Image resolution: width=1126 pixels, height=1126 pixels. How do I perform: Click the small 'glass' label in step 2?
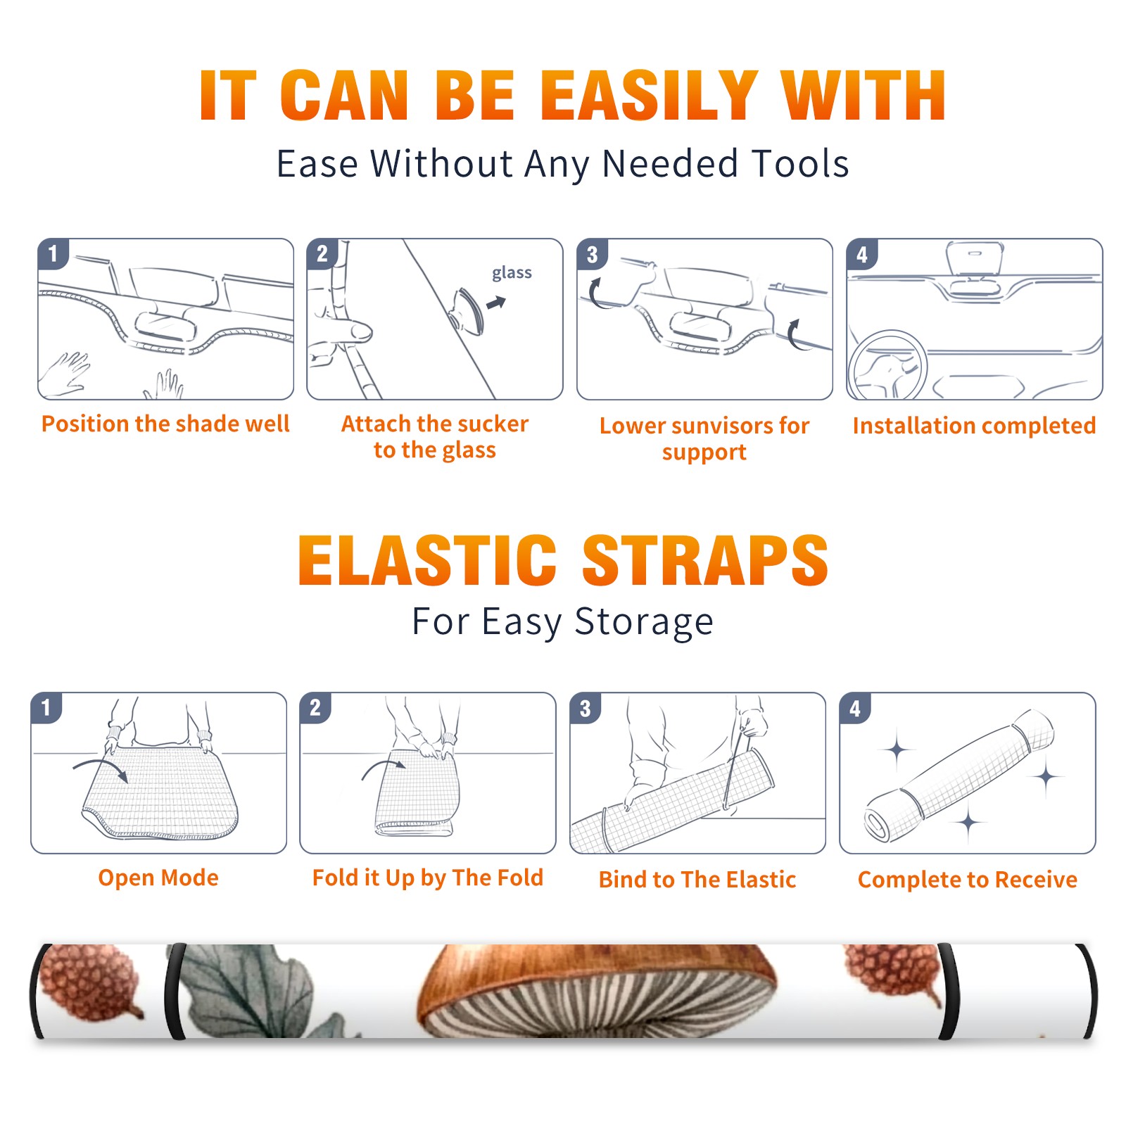click(512, 272)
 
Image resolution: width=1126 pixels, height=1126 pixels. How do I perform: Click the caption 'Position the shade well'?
click(165, 424)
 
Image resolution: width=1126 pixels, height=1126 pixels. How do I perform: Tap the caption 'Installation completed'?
click(974, 425)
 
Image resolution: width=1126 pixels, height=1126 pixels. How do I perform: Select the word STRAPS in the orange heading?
click(705, 560)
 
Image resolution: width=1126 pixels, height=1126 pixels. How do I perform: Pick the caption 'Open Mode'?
click(158, 878)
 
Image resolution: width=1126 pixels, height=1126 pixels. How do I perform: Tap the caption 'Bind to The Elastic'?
click(697, 880)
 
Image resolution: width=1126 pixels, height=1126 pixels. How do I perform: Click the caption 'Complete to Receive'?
click(968, 880)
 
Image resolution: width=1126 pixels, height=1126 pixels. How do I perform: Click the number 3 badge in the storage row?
click(586, 708)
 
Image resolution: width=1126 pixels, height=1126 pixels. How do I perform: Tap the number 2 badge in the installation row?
click(322, 254)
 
